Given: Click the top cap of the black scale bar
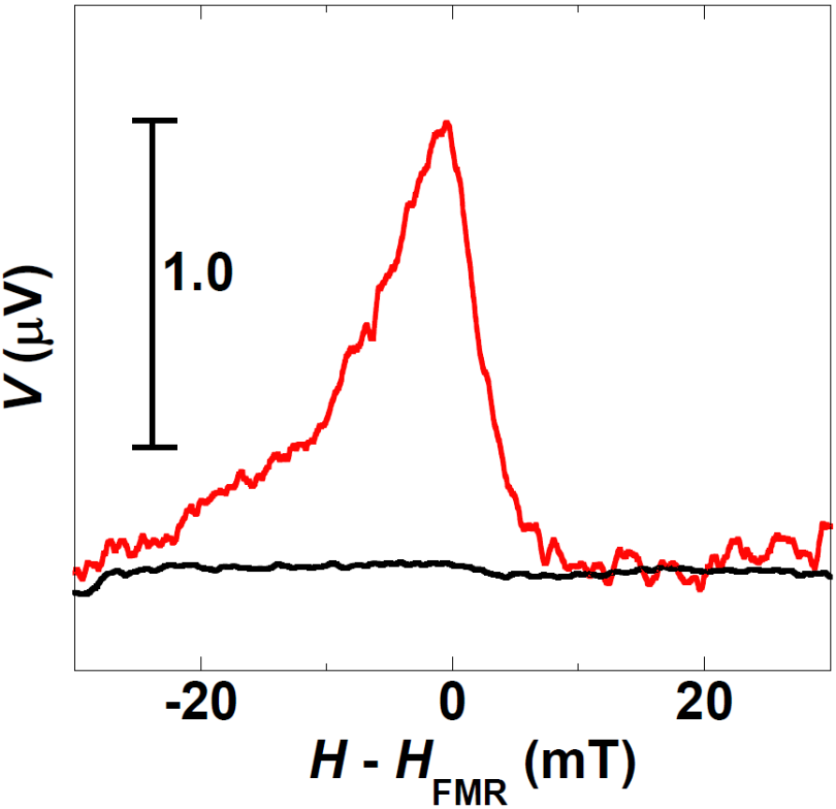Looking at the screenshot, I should click(x=154, y=120).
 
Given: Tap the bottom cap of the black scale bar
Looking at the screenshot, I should click(x=154, y=447).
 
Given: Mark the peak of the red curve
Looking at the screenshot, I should click(x=447, y=123).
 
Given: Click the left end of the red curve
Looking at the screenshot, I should click(x=75, y=570).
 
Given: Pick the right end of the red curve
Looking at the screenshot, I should click(x=830, y=525).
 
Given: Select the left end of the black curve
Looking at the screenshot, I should click(x=75, y=593).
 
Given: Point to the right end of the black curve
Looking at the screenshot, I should click(x=830, y=574).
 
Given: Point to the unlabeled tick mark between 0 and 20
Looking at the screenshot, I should click(x=579, y=665).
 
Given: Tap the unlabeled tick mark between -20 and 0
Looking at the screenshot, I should click(x=327, y=665).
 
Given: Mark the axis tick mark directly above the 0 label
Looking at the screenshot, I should click(x=452, y=664).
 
